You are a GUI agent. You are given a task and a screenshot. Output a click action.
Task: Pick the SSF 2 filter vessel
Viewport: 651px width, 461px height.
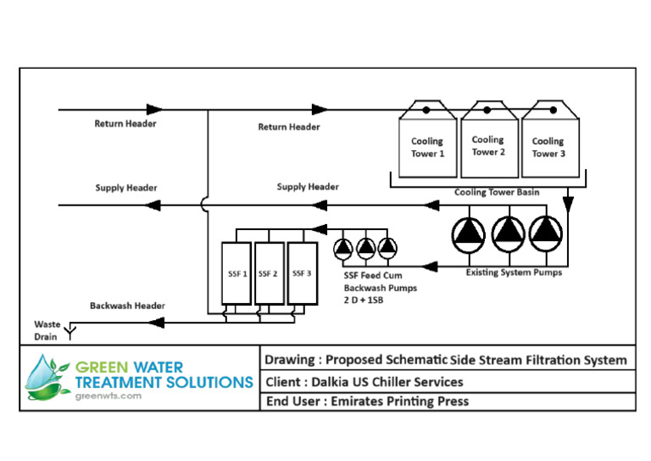(269, 273)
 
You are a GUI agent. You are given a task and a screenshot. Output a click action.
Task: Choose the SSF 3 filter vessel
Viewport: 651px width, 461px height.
(301, 273)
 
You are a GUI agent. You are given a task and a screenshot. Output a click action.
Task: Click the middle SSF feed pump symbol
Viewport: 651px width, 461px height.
(365, 247)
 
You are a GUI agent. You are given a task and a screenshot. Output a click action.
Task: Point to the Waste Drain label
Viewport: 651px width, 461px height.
(47, 330)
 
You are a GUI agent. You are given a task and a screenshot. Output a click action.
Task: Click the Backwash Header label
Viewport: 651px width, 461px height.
(127, 305)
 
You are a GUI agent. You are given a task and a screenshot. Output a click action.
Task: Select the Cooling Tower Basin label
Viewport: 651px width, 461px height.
(497, 193)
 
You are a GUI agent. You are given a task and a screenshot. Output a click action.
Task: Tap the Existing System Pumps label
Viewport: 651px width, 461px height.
(514, 273)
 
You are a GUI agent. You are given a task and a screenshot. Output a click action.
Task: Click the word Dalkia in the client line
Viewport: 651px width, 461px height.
(339, 381)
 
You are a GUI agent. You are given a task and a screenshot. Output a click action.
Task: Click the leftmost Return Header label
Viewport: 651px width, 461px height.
(125, 124)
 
